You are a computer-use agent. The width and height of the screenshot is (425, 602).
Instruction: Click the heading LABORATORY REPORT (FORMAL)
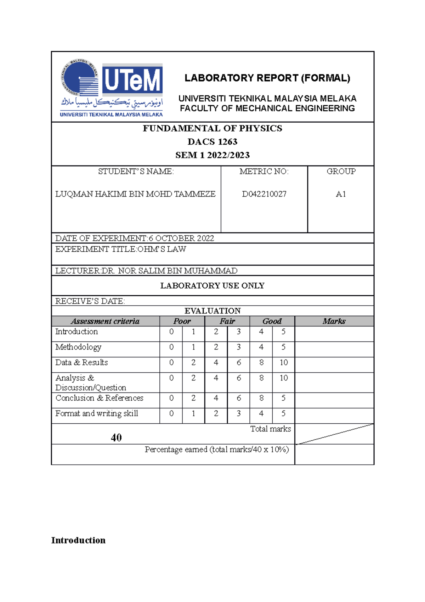[x=267, y=78]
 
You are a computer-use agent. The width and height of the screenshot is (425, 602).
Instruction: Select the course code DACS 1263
[x=212, y=142]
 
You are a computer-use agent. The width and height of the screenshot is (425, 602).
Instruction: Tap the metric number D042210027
[x=264, y=194]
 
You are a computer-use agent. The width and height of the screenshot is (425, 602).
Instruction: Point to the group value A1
[x=341, y=194]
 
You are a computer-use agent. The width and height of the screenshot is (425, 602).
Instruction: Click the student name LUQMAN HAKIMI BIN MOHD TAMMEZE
[x=135, y=194]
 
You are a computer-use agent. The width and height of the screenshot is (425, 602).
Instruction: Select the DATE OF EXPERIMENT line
[x=135, y=238]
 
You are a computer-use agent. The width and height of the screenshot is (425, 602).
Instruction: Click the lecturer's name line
[x=146, y=271]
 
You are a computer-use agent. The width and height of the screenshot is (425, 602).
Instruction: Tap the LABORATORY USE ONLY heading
[x=212, y=286]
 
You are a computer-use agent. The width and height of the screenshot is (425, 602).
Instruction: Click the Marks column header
[x=334, y=321]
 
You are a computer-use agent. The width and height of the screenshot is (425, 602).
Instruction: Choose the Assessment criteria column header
[x=105, y=321]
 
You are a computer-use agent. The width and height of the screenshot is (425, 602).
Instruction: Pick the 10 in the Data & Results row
[x=284, y=362]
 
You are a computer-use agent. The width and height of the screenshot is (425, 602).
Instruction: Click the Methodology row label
[x=78, y=347]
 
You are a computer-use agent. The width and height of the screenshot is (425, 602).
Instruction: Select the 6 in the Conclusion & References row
[x=239, y=398]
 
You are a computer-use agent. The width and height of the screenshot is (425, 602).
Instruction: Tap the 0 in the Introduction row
[x=171, y=332]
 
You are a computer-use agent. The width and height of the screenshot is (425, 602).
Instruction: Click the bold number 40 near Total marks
[x=116, y=437]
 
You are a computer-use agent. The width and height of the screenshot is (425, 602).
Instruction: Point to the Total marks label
[x=271, y=429]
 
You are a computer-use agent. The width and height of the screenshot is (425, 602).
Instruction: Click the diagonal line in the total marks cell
[x=334, y=434]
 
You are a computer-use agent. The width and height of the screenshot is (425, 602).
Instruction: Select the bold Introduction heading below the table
[x=78, y=540]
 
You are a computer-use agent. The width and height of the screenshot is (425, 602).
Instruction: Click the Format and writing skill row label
[x=97, y=413]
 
